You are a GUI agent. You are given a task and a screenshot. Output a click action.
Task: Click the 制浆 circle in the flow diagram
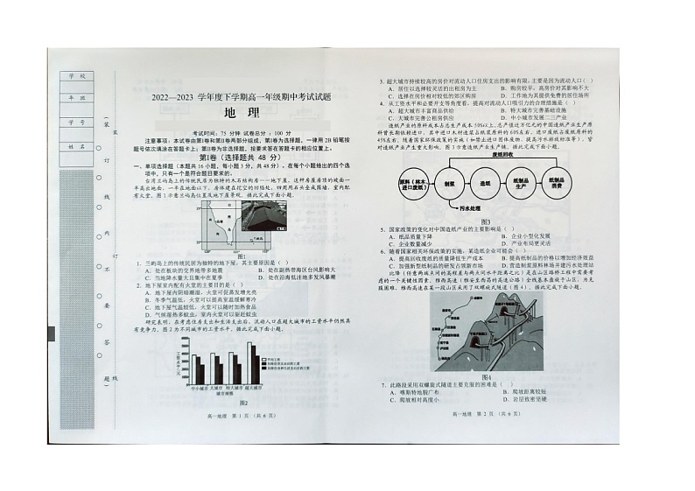[449, 185]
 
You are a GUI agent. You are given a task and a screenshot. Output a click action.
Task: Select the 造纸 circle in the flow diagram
[485, 185]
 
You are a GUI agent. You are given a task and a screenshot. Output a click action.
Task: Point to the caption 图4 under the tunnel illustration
[487, 377]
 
